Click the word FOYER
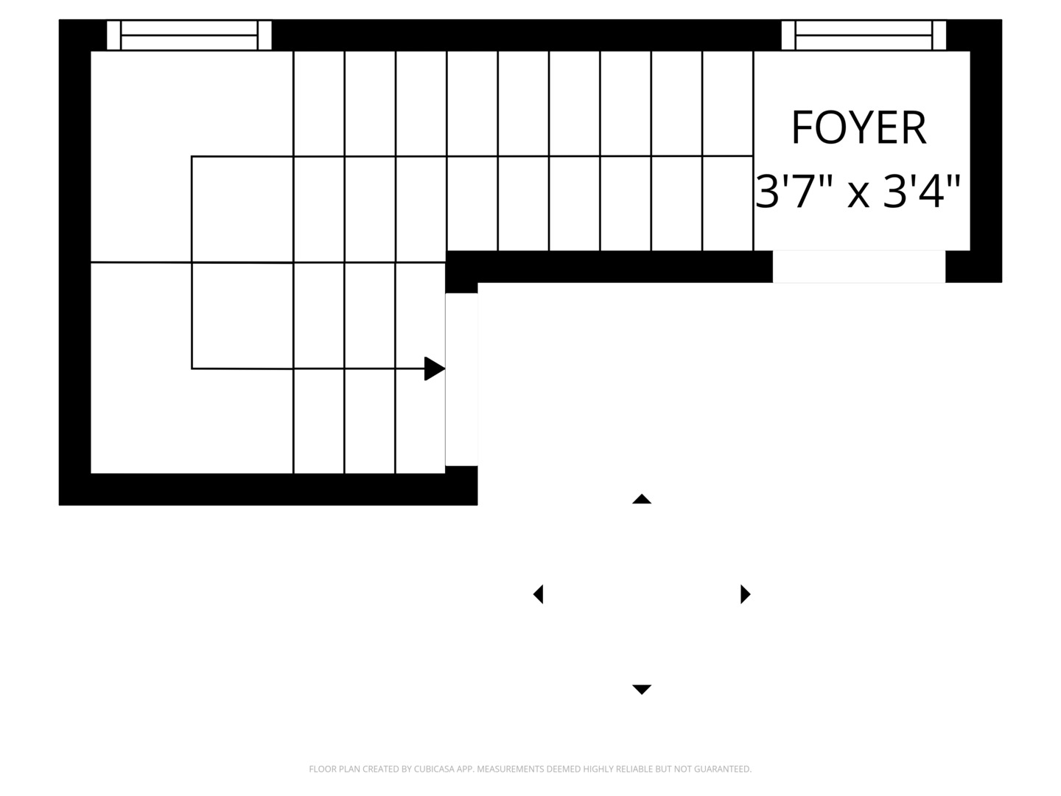(x=858, y=127)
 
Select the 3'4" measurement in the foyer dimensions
(x=922, y=192)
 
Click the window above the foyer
(x=864, y=35)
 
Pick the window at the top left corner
(x=189, y=35)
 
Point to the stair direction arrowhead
(x=435, y=369)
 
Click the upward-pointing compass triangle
(x=642, y=499)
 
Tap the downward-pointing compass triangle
(x=642, y=689)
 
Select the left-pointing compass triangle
(x=538, y=594)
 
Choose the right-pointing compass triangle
(x=746, y=594)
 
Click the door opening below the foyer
(x=859, y=266)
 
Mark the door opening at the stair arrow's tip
(x=462, y=380)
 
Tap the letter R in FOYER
(x=915, y=127)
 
